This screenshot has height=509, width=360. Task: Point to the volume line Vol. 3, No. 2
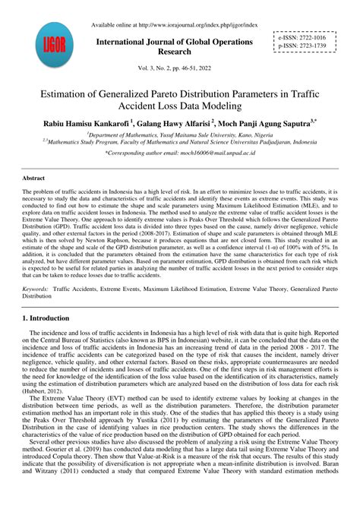tap(179, 68)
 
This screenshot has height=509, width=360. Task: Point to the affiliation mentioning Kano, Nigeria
tap(180, 134)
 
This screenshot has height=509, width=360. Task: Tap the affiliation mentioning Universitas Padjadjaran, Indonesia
tap(181, 141)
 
